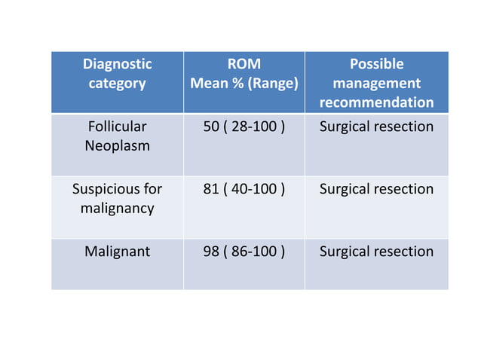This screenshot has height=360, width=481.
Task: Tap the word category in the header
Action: pos(117,84)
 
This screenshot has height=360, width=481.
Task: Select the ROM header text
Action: pos(244,64)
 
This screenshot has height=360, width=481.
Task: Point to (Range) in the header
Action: pos(273,84)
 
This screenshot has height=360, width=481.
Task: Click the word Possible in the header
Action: pos(377,64)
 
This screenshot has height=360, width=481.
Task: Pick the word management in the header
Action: pos(377,84)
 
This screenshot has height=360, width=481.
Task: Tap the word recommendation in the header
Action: pos(377,102)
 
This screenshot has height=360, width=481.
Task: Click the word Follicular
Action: pos(117,127)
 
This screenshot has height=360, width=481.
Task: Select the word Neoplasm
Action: pos(117,146)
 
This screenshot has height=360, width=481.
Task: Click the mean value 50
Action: pos(211,127)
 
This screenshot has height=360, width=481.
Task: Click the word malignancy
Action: pos(117,209)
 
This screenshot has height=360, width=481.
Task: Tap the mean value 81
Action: pos(211,189)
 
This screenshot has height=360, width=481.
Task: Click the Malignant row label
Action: pos(117,252)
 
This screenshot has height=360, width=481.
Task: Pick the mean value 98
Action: pos(211,252)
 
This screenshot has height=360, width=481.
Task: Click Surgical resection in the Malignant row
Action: pos(377,252)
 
